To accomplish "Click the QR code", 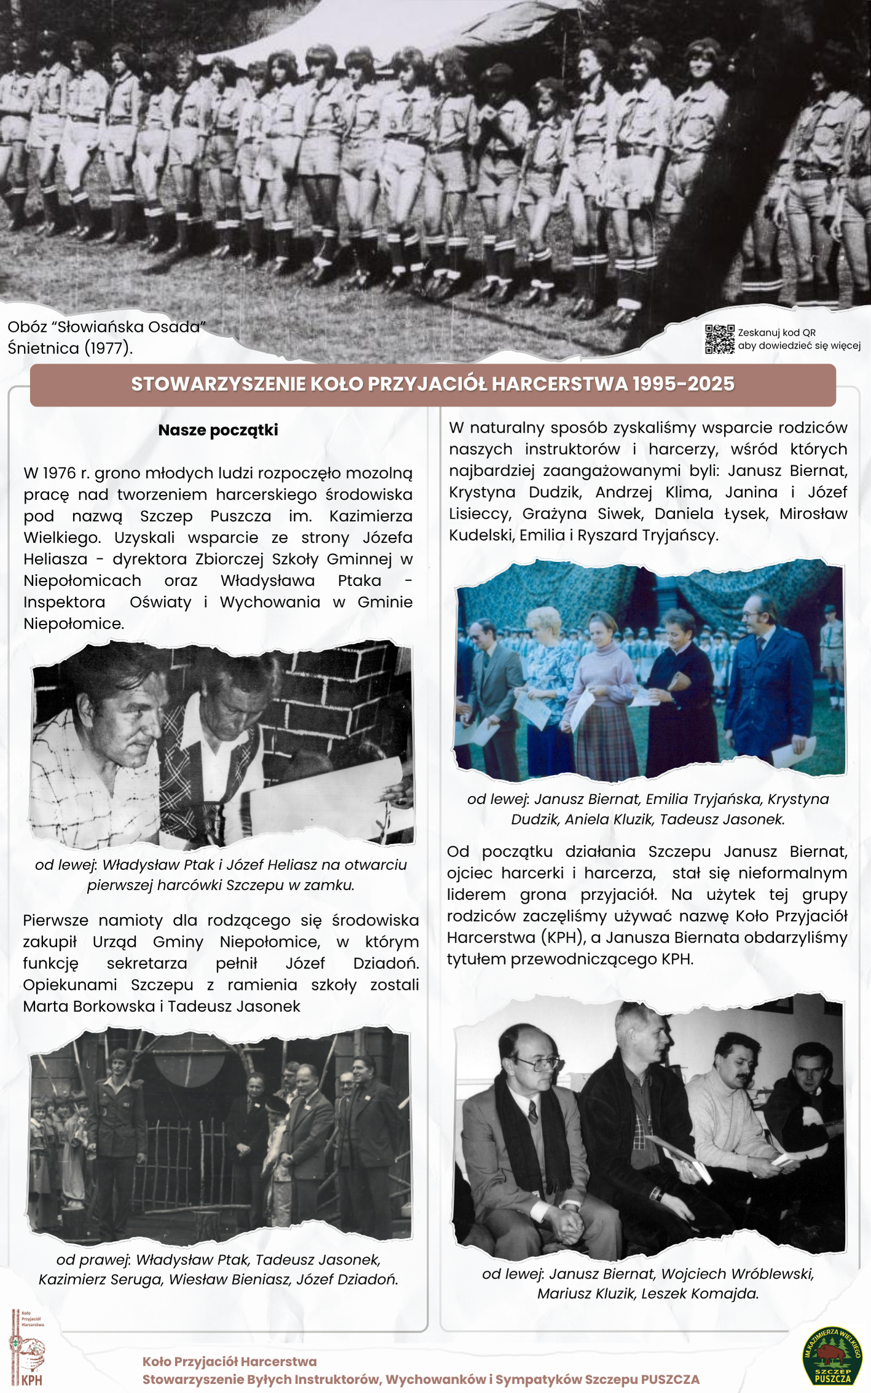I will tap(719, 339).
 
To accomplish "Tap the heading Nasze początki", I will tap(218, 430).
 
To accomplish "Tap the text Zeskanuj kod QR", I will tap(776, 333).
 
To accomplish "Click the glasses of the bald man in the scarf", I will tap(537, 1062).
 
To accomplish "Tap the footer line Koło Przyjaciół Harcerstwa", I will tap(229, 1362).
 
